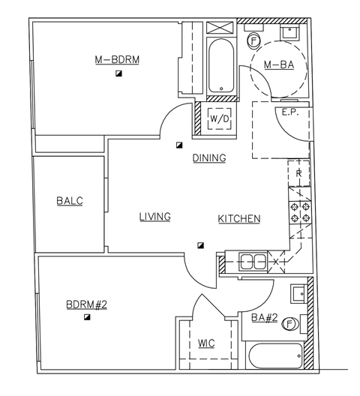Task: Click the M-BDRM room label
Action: click(x=118, y=59)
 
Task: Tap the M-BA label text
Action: click(x=278, y=66)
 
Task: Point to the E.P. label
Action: click(x=290, y=113)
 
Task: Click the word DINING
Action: click(x=209, y=158)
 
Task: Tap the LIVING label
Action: click(x=154, y=217)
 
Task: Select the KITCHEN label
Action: click(x=239, y=219)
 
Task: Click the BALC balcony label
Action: click(x=69, y=201)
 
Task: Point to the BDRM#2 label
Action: click(x=87, y=304)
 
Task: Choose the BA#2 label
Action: click(x=264, y=318)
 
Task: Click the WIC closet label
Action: click(x=206, y=343)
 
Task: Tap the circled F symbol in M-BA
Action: click(x=253, y=40)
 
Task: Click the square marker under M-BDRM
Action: click(x=118, y=73)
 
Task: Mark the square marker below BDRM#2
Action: click(x=88, y=318)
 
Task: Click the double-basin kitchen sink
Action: click(x=251, y=262)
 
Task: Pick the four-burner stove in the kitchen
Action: click(x=300, y=212)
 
